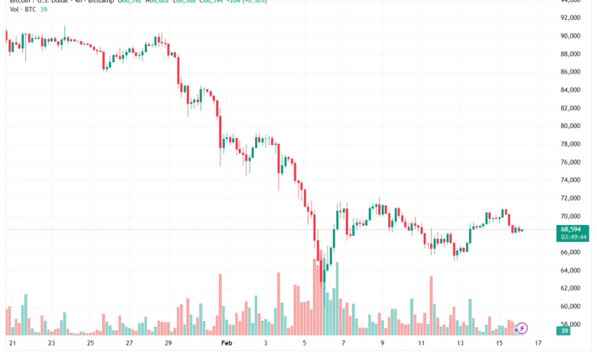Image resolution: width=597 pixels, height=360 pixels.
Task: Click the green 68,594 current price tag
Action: pos(573,229)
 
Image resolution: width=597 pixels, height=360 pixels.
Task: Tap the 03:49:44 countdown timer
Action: pos(573,237)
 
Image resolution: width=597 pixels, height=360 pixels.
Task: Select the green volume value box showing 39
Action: pos(565,331)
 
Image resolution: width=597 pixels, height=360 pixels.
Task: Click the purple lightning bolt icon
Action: pos(522,328)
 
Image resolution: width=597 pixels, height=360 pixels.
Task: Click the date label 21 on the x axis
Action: pos(11,343)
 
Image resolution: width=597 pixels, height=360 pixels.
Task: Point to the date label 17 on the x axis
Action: pos(539,343)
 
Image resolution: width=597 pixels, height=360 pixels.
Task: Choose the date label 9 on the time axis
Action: pos(381,343)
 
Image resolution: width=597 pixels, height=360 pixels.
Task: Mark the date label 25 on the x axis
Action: pos(90,343)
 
